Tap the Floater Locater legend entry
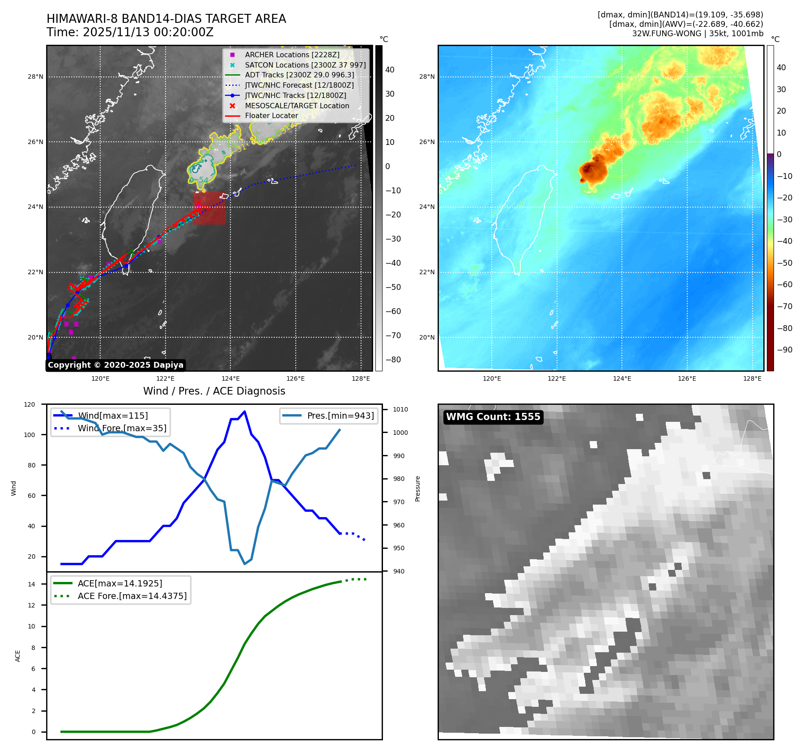271,115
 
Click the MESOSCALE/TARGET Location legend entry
297,106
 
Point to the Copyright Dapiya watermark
115,365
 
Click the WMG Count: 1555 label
493,417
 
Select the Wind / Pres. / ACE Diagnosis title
214,391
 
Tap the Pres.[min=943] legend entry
340,416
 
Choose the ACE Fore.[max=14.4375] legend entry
132,596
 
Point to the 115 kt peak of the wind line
244,412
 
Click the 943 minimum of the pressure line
244,564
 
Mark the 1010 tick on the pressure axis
400,409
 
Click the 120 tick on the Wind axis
30,404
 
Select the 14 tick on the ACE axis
32,584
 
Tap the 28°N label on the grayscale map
35,77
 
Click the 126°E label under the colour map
687,378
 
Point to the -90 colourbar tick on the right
784,350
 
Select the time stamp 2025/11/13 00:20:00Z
148,32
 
